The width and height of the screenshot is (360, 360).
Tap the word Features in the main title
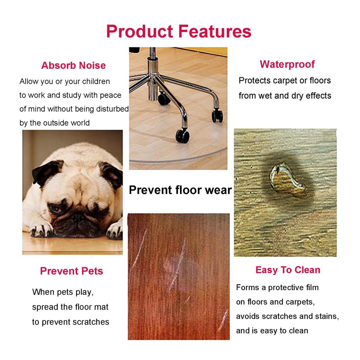[215, 31]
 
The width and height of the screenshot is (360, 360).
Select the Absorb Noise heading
[73, 66]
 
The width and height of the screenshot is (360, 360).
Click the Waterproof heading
[287, 64]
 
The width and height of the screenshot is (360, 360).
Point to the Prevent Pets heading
[72, 271]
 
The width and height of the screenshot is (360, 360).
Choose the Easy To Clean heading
[288, 270]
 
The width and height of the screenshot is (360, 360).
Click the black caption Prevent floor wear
[180, 190]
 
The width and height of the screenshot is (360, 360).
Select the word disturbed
[112, 109]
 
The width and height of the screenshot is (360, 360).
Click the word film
[312, 287]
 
